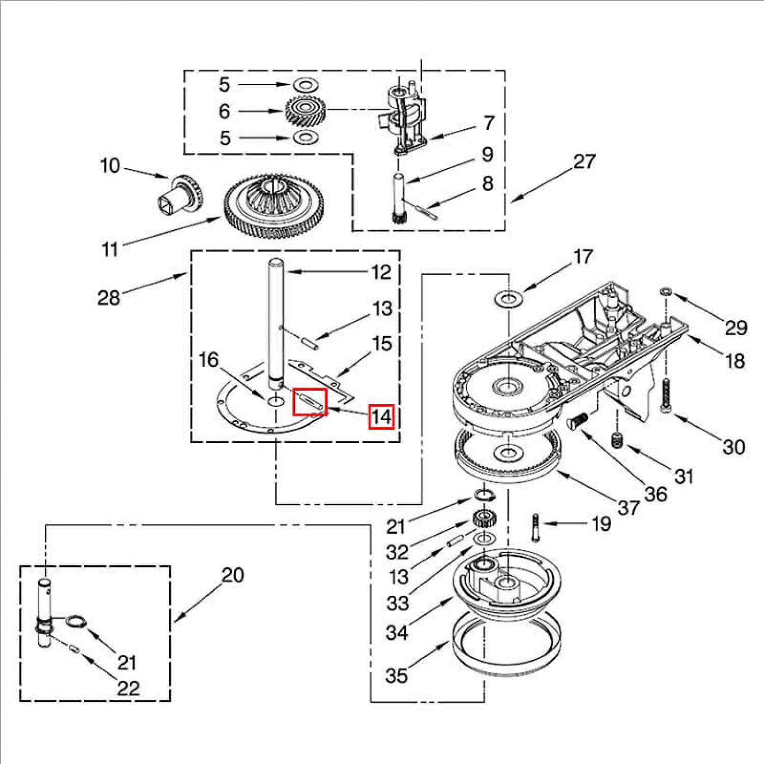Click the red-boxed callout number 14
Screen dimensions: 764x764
click(x=381, y=417)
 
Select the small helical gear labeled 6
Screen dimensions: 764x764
click(x=305, y=111)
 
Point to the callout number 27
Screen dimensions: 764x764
click(x=584, y=161)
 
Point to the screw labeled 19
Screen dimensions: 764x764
click(x=535, y=529)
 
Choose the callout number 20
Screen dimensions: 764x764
click(x=233, y=575)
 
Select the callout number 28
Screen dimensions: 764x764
click(x=108, y=297)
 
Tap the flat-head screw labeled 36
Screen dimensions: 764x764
click(x=577, y=421)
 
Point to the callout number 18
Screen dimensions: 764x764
click(x=734, y=361)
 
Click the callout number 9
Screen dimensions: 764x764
click(x=487, y=154)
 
